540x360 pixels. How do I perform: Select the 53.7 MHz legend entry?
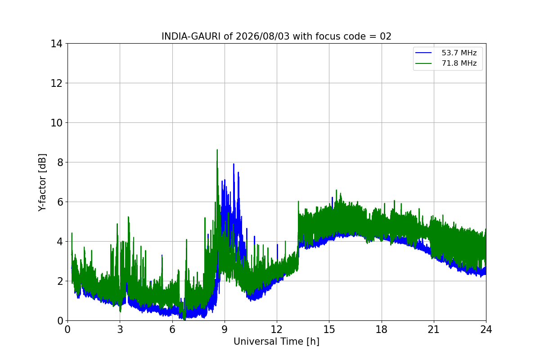tap(459, 53)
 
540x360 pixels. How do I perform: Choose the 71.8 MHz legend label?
tap(459, 63)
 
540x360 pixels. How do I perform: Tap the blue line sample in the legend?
tap(423, 53)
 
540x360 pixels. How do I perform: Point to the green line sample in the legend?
tap(423, 63)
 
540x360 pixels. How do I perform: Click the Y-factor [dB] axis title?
tap(42, 183)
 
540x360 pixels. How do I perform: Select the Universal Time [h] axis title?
tap(276, 342)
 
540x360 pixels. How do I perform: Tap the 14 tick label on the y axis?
tap(56, 44)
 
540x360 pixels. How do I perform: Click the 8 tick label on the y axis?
tap(60, 162)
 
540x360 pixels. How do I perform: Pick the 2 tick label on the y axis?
tap(60, 281)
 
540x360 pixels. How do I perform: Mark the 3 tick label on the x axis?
tap(120, 329)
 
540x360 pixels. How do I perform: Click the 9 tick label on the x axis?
tap(225, 329)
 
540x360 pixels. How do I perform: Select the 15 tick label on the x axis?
tap(329, 329)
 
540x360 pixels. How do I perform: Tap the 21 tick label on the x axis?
tap(434, 329)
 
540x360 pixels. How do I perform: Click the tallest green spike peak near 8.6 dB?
tap(217, 150)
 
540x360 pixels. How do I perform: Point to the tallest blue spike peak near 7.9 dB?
tap(234, 164)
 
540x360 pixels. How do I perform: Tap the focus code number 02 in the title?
tap(386, 36)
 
